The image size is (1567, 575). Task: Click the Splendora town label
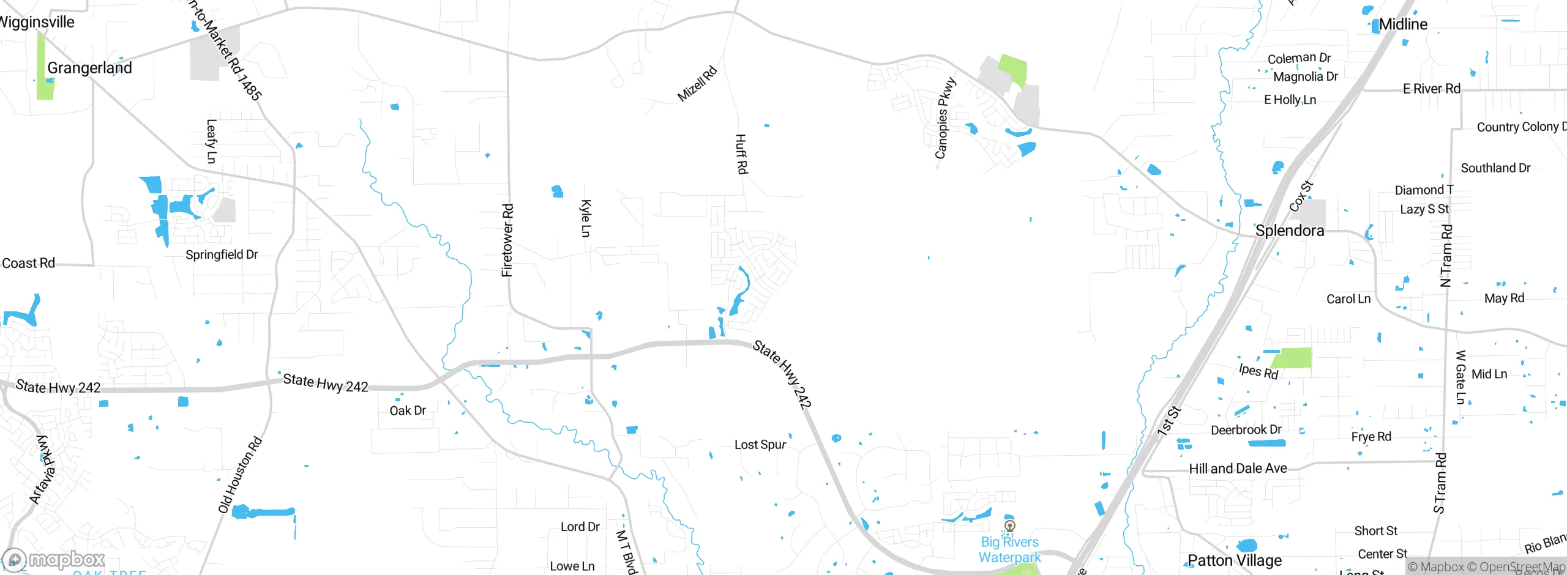pyautogui.click(x=1290, y=231)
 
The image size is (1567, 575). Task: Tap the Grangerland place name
pyautogui.click(x=89, y=68)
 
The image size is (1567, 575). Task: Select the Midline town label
pyautogui.click(x=1403, y=24)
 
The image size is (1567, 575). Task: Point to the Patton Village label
pyautogui.click(x=1235, y=560)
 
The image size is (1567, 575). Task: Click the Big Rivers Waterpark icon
pyautogui.click(x=1010, y=526)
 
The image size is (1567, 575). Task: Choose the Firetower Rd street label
pyautogui.click(x=507, y=240)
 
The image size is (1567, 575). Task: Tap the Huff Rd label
pyautogui.click(x=741, y=154)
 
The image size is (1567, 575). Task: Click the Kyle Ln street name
pyautogui.click(x=586, y=218)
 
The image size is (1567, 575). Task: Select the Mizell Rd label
pyautogui.click(x=697, y=84)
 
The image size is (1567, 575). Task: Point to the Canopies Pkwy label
pyautogui.click(x=945, y=118)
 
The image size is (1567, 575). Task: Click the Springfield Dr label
pyautogui.click(x=222, y=254)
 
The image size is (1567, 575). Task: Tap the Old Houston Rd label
pyautogui.click(x=240, y=475)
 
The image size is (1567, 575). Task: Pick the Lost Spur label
pyautogui.click(x=760, y=445)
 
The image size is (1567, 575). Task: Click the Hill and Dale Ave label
pyautogui.click(x=1238, y=469)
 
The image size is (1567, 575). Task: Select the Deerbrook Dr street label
pyautogui.click(x=1246, y=430)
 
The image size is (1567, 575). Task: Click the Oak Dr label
pyautogui.click(x=408, y=410)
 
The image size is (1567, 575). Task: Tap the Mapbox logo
pyautogui.click(x=54, y=560)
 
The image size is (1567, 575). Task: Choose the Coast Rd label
pyautogui.click(x=29, y=264)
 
